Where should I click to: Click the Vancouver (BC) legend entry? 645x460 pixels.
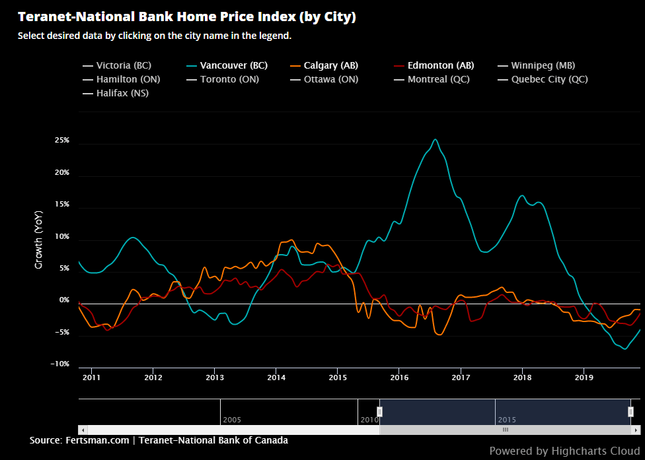(x=233, y=65)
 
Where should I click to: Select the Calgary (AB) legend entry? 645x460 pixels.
(x=330, y=65)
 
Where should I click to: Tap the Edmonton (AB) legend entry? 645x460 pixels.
(x=440, y=65)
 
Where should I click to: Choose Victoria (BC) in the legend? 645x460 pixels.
(x=124, y=65)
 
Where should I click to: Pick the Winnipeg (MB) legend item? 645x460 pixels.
(x=543, y=65)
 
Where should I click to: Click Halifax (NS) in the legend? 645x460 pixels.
(x=122, y=93)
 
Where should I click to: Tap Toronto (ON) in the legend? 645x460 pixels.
(x=229, y=79)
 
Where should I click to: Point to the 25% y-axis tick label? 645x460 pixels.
(x=62, y=141)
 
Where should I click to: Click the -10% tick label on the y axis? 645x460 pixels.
(x=61, y=364)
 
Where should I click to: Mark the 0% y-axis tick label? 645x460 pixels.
(x=65, y=300)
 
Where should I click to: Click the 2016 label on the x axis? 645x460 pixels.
(x=398, y=377)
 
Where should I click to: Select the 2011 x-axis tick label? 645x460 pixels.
(x=91, y=377)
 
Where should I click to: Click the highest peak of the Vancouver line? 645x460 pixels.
(x=435, y=139)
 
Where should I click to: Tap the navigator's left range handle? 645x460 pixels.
(x=379, y=412)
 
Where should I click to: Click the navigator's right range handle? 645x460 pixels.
(x=630, y=412)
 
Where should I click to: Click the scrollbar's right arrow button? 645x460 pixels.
(x=636, y=430)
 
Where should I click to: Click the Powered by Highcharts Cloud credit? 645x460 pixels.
(x=564, y=451)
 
